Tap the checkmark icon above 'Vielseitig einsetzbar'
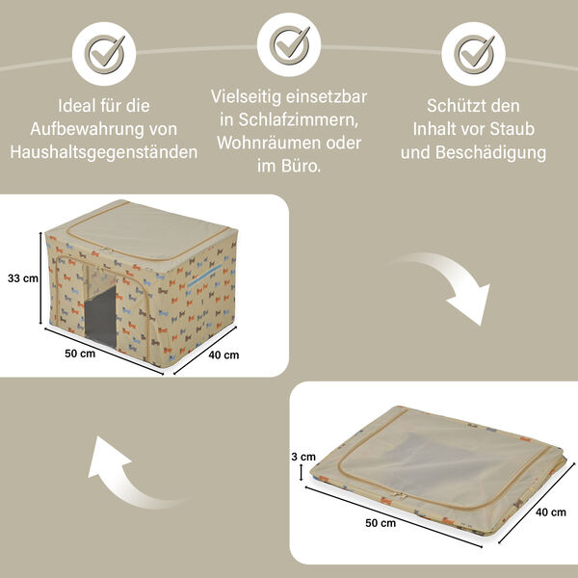(289, 43)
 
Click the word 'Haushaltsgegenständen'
(103, 151)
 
